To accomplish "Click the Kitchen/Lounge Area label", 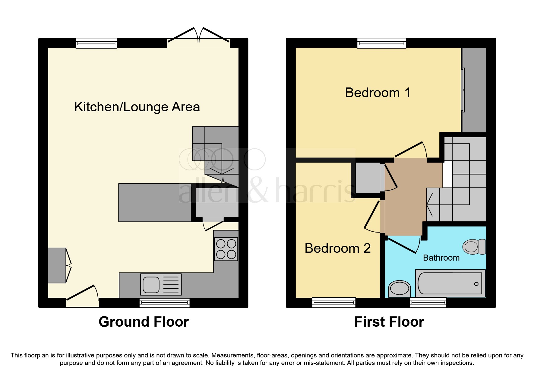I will [137, 107].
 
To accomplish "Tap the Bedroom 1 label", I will [378, 93].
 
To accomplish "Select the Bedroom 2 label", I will [337, 248].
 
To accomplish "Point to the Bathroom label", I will [441, 258].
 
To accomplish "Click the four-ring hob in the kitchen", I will [226, 249].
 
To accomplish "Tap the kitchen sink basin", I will [151, 284].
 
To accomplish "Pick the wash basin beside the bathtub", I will [400, 289].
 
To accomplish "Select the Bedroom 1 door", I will [411, 150].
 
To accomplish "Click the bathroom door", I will [403, 245].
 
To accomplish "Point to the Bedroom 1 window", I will [381, 43].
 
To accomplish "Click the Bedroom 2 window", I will [334, 302].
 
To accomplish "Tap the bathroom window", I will [428, 302].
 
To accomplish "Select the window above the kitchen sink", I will [165, 303].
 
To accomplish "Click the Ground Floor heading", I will [144, 322].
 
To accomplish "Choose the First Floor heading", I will [389, 322].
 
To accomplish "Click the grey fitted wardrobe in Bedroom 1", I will [474, 90].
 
